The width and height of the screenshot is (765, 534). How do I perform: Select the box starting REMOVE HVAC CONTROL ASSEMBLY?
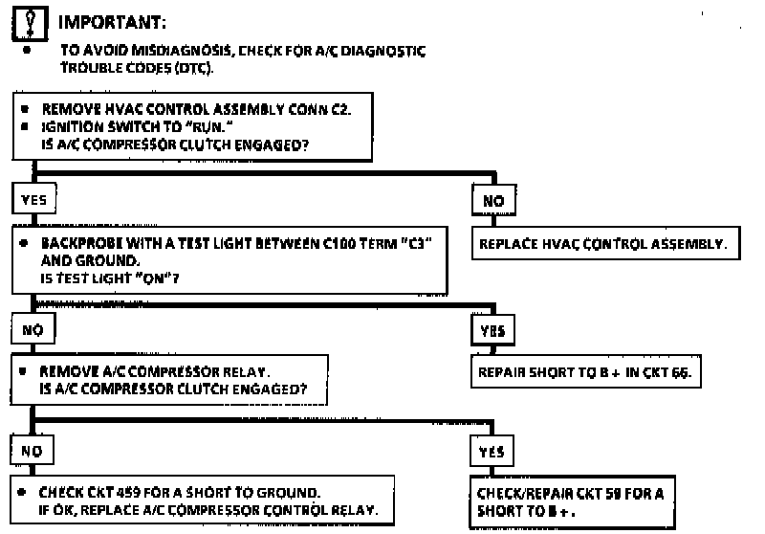tap(192, 127)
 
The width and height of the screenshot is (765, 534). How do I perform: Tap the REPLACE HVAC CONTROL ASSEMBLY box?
tap(602, 243)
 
